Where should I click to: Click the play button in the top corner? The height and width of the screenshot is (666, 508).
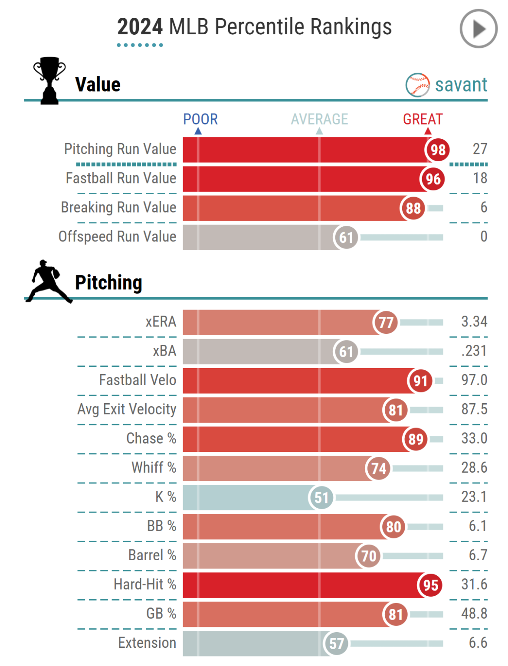pyautogui.click(x=479, y=29)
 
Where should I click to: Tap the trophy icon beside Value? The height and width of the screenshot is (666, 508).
pyautogui.click(x=49, y=80)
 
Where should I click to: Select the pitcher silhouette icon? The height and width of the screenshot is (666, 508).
pyautogui.click(x=48, y=281)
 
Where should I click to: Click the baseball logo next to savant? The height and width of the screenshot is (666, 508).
pyautogui.click(x=417, y=85)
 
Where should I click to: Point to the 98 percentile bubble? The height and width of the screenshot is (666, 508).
pyautogui.click(x=437, y=150)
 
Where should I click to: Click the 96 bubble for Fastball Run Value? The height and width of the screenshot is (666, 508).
pyautogui.click(x=433, y=179)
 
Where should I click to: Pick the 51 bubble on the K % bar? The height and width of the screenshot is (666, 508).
pyautogui.click(x=321, y=498)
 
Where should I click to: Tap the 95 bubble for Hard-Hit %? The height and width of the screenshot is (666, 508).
pyautogui.click(x=430, y=585)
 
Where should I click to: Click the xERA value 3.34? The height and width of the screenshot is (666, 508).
pyautogui.click(x=474, y=322)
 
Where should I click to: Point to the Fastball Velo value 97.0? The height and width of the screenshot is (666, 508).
pyautogui.click(x=474, y=380)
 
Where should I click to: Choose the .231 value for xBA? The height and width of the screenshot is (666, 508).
pyautogui.click(x=474, y=351)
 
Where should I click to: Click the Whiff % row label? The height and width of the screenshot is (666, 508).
pyautogui.click(x=154, y=467)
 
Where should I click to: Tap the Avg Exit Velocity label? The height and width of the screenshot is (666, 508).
pyautogui.click(x=127, y=409)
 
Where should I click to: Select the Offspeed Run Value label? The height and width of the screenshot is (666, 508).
pyautogui.click(x=117, y=237)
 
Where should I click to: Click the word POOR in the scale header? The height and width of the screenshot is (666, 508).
pyautogui.click(x=200, y=119)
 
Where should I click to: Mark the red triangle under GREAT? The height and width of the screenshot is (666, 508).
pyautogui.click(x=428, y=131)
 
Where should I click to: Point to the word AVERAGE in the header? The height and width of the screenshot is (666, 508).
pyautogui.click(x=319, y=119)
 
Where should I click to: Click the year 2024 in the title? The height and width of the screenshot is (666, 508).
pyautogui.click(x=140, y=27)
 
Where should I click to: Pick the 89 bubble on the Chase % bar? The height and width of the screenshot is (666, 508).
pyautogui.click(x=416, y=439)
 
